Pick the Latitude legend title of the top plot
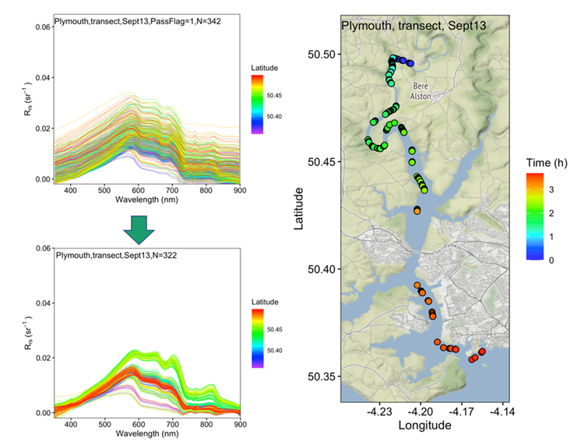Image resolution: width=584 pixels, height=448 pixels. [266, 68]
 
